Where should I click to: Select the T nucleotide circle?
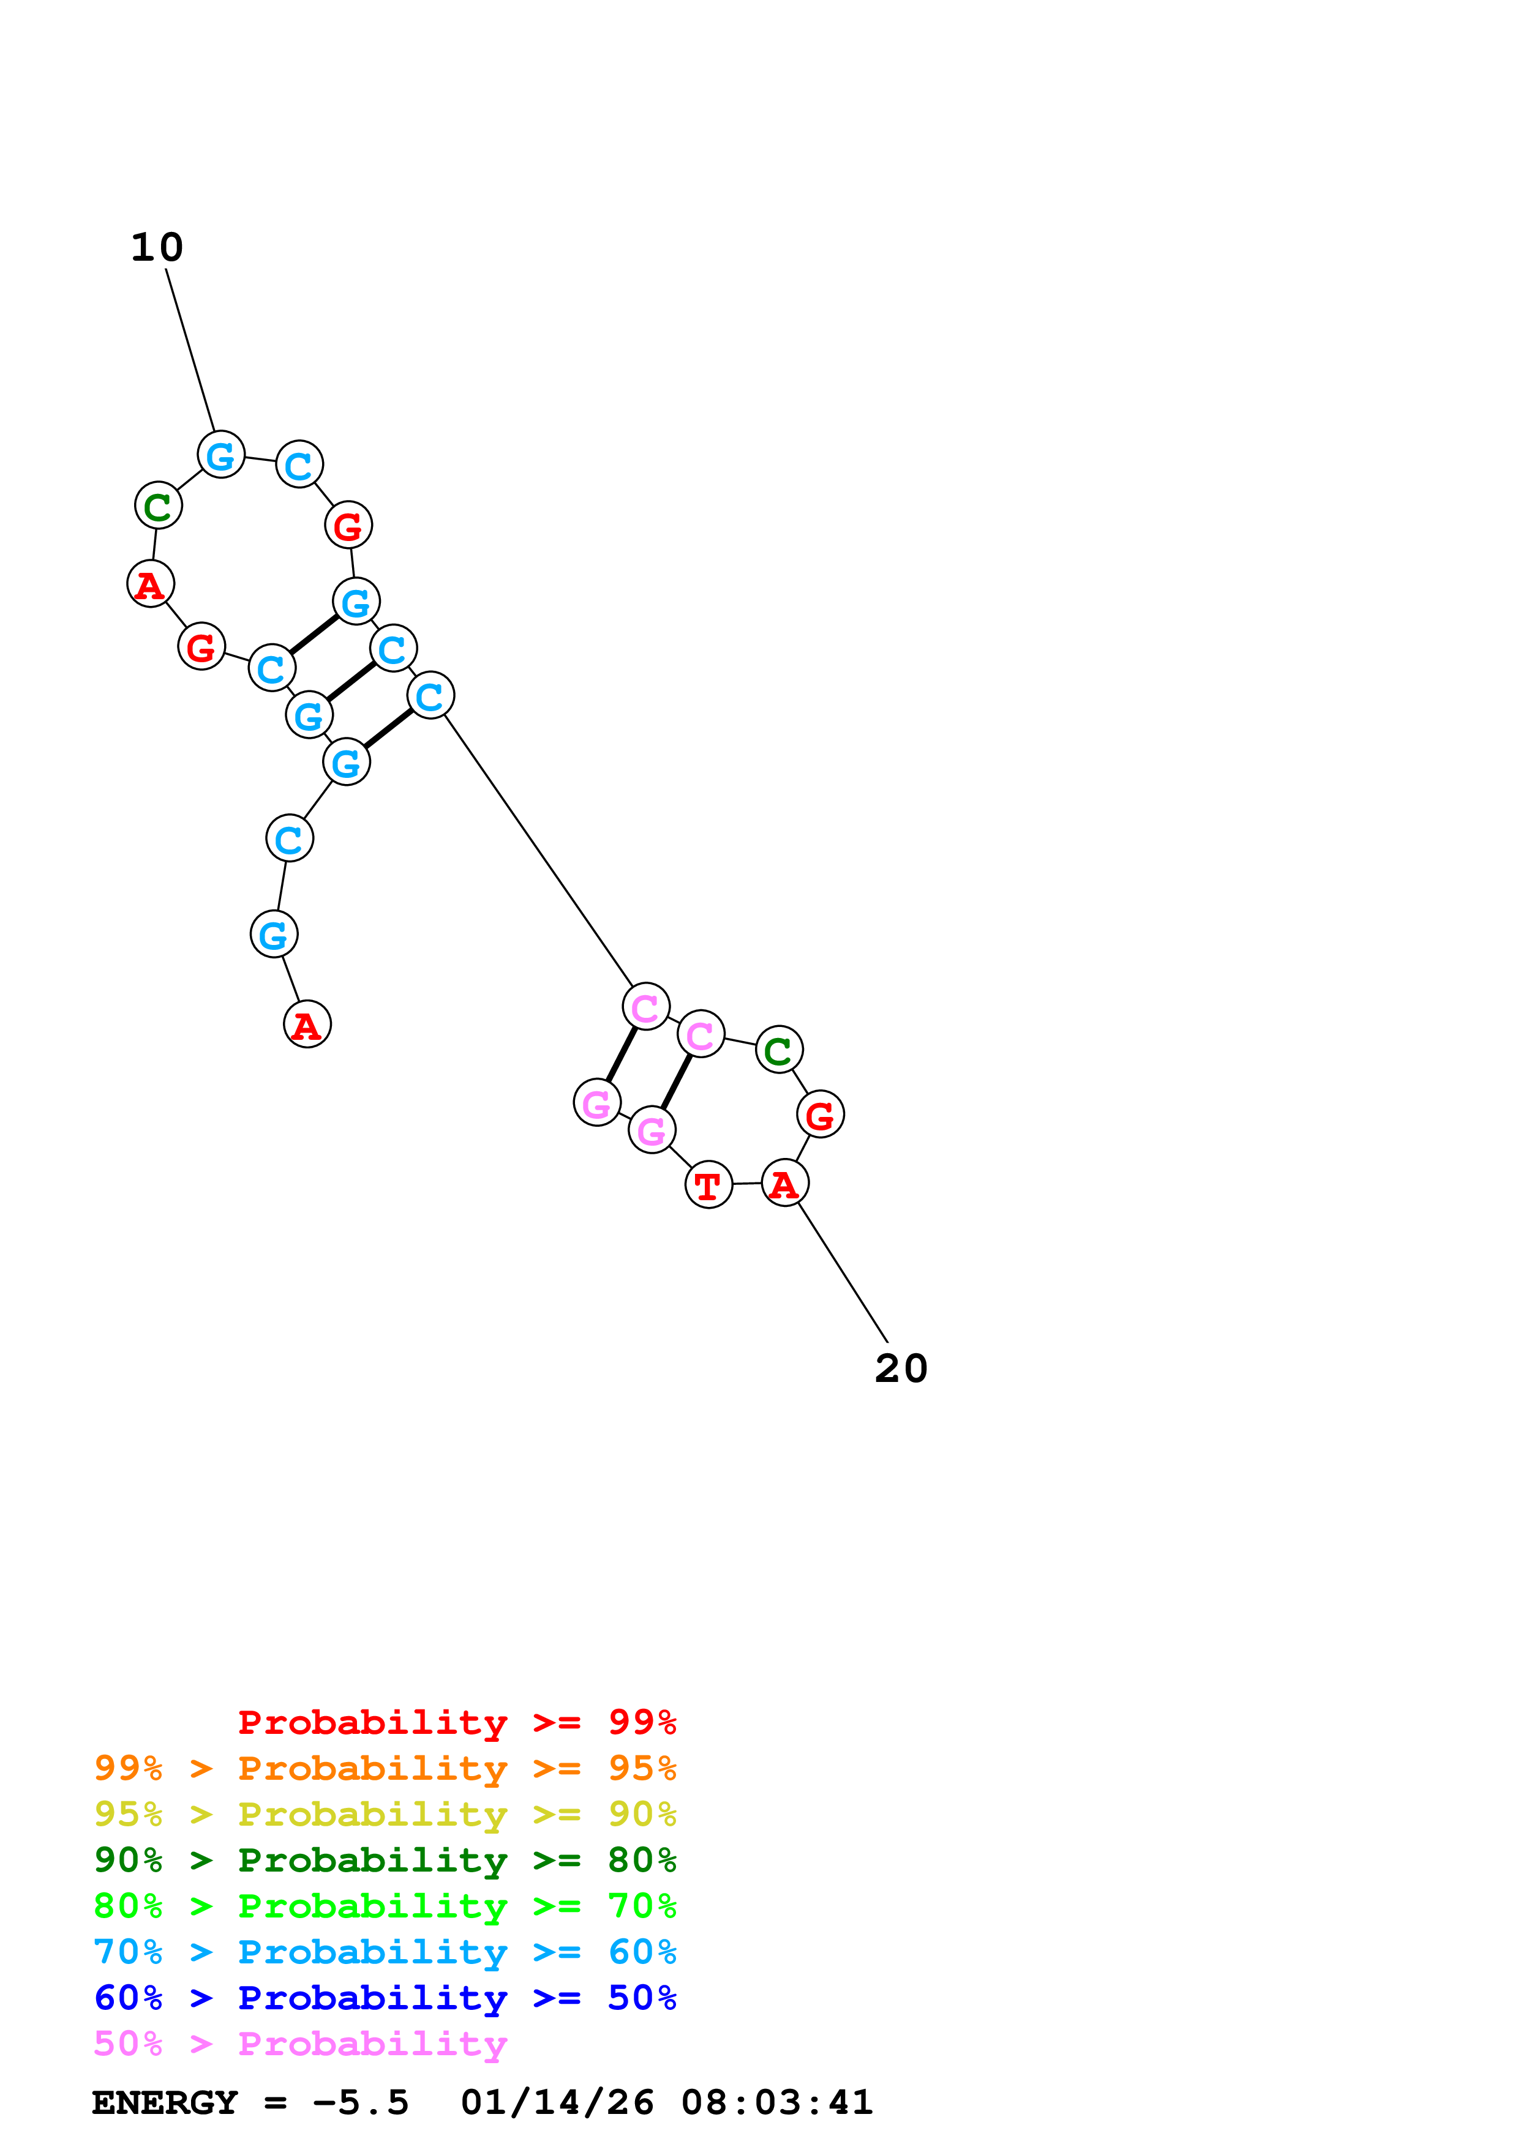coord(708,1186)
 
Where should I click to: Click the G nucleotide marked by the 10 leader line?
coord(220,455)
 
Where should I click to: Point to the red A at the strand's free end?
coord(307,1025)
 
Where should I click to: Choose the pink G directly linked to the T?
coord(652,1130)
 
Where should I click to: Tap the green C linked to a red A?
coord(158,506)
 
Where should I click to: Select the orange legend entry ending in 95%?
coord(385,1768)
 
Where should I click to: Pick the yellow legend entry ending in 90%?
coord(385,1814)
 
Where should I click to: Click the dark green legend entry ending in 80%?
coord(385,1860)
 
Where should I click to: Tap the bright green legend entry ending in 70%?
coord(385,1906)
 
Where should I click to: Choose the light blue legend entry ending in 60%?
coord(385,1952)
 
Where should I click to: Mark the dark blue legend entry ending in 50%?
coord(385,1998)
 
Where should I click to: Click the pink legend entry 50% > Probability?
coord(300,2043)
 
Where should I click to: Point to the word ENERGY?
coord(165,2103)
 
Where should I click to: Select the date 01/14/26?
coord(557,2103)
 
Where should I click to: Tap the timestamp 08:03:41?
coord(776,2103)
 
